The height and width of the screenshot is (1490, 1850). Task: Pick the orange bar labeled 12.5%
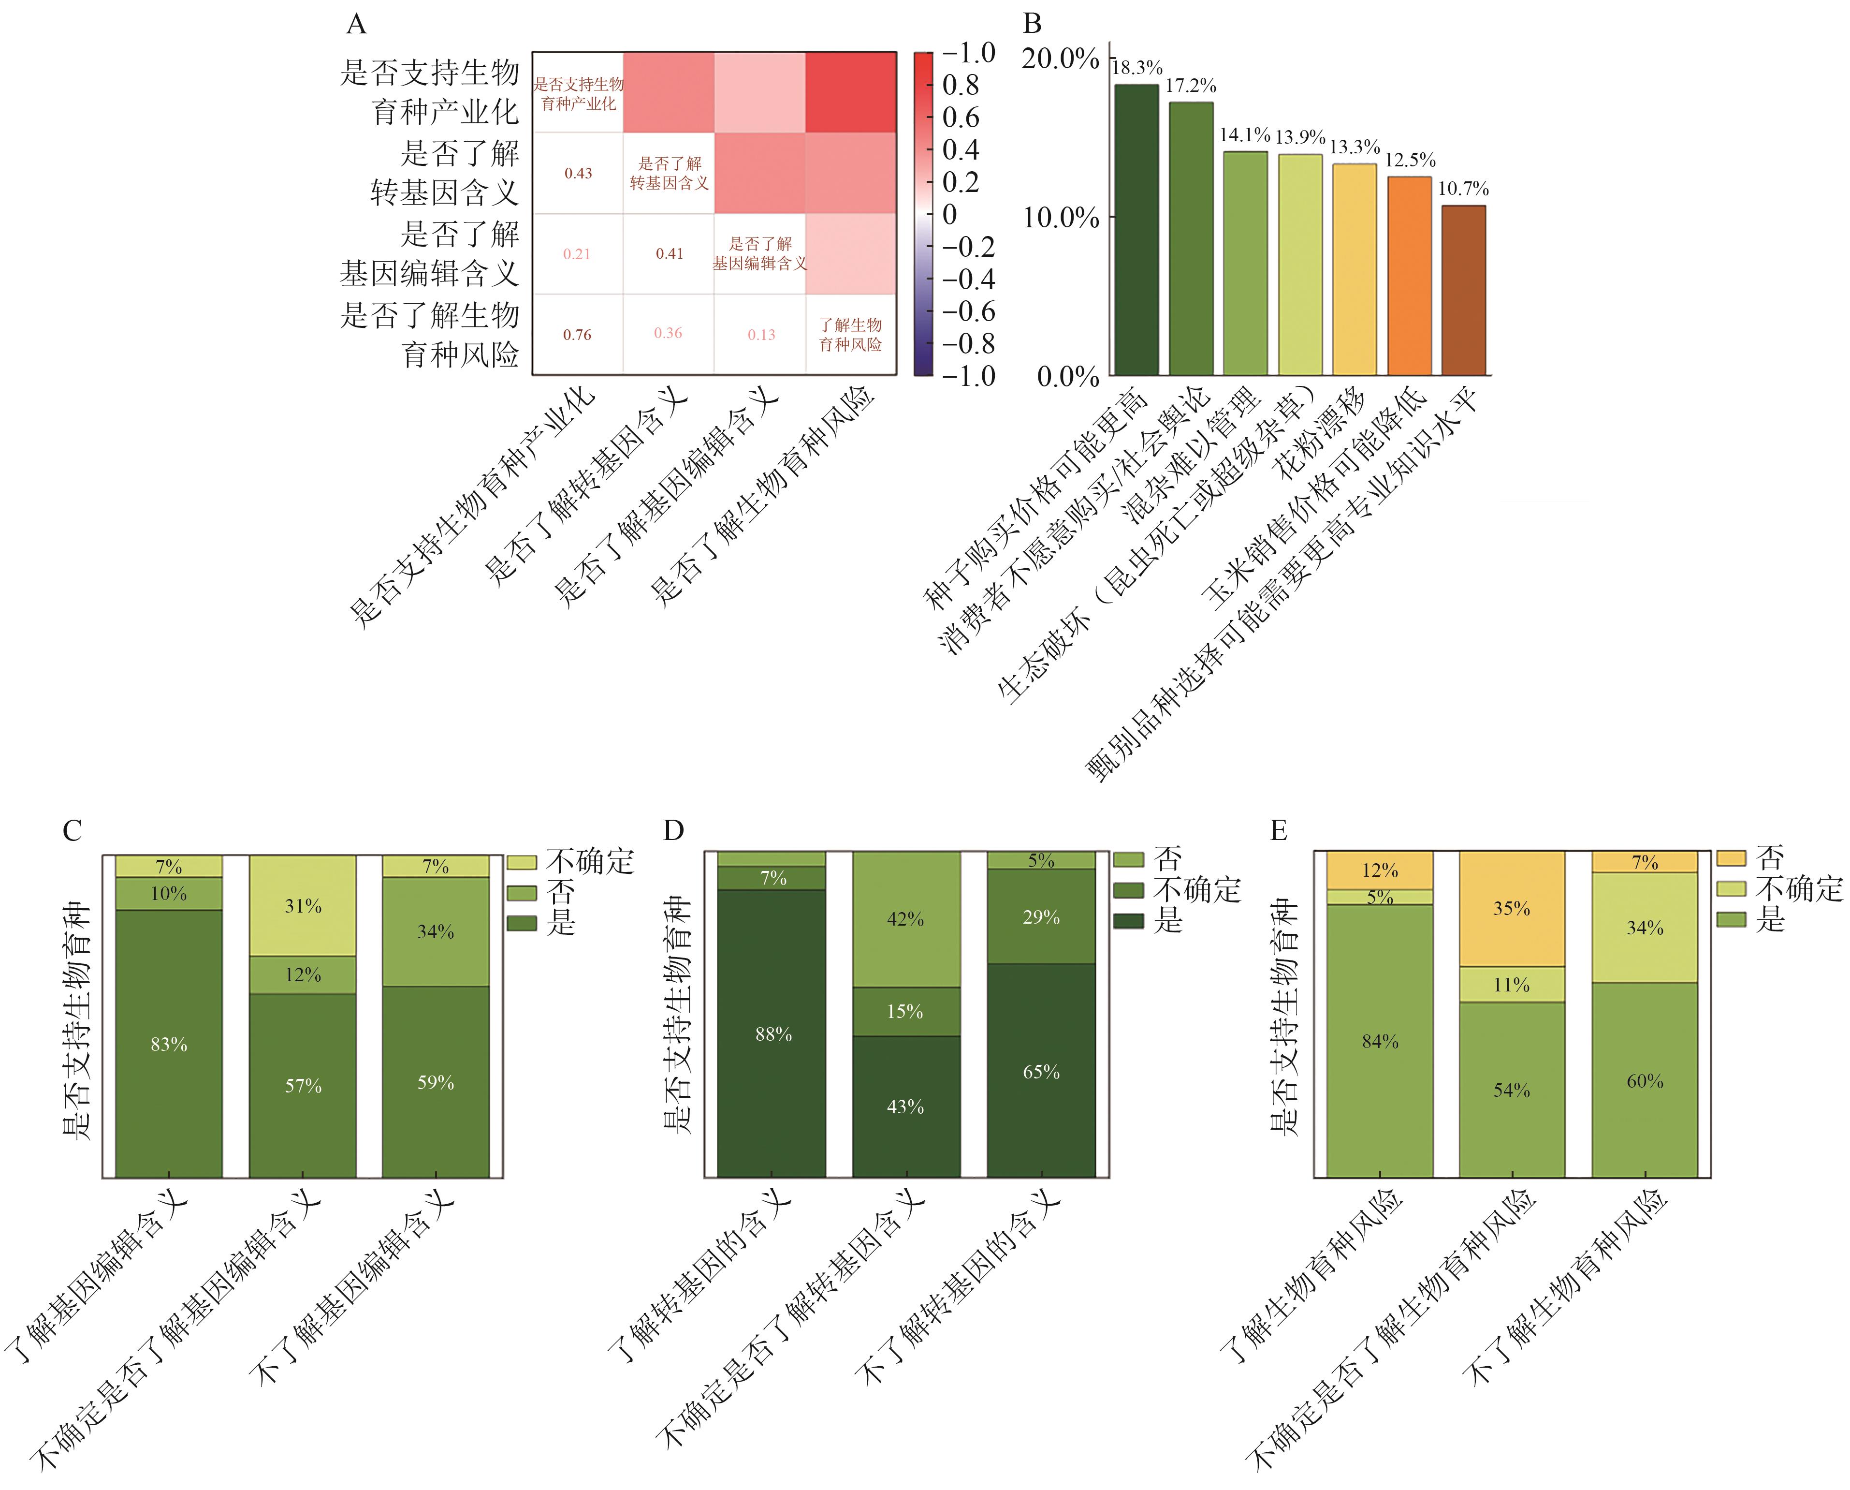coord(1410,276)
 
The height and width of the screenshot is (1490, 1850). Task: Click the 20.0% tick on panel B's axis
coord(1061,59)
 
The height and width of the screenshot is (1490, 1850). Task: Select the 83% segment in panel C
coord(169,1044)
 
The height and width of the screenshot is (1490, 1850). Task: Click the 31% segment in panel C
coord(303,905)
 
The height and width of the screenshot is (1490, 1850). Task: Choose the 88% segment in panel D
coord(772,1034)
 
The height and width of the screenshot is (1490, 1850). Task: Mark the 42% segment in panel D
coord(905,919)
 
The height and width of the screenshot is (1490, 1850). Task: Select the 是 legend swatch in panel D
coord(1128,921)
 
